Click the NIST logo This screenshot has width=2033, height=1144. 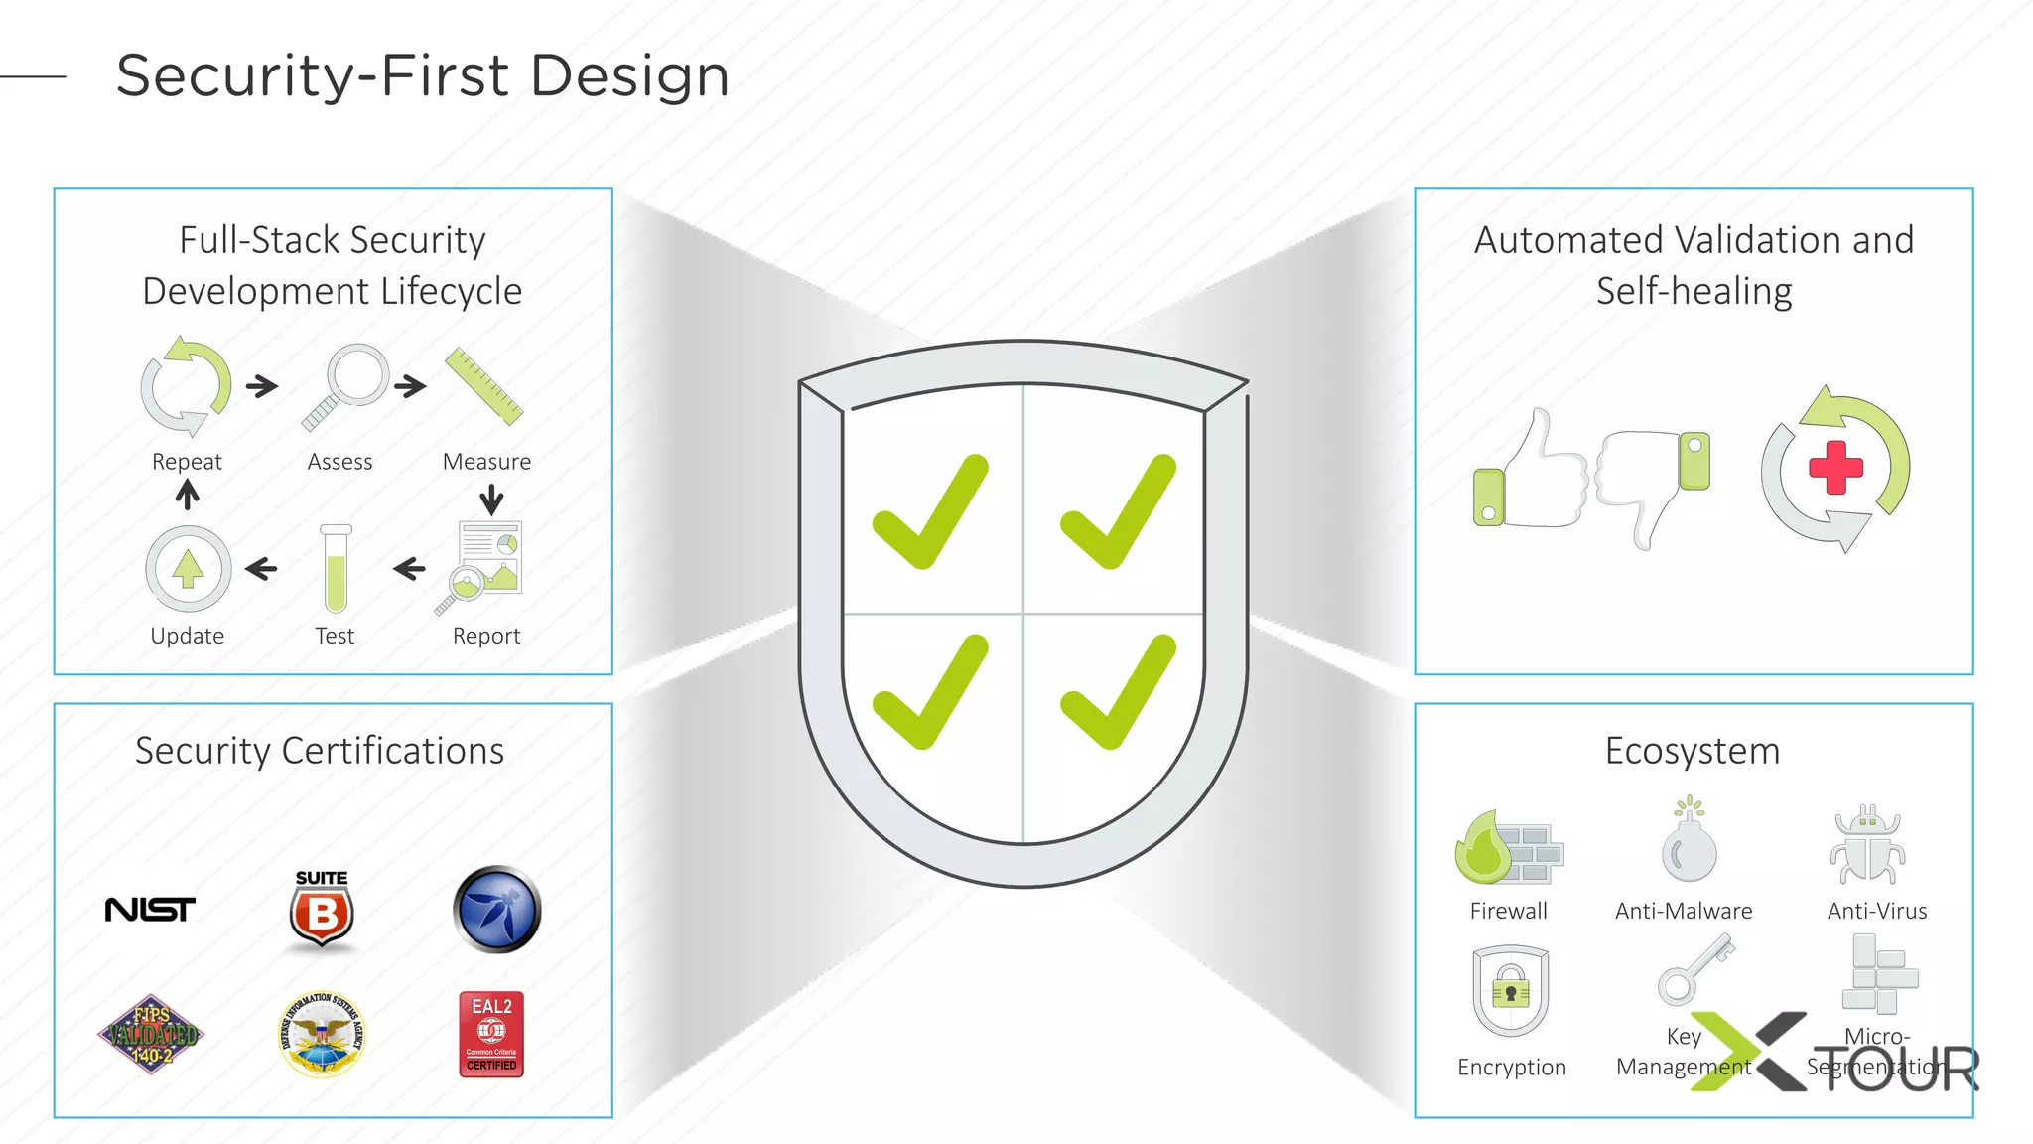click(150, 909)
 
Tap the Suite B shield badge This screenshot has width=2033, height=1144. click(322, 910)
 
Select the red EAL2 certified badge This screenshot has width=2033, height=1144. click(491, 1034)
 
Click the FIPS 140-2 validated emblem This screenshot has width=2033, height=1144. click(151, 1034)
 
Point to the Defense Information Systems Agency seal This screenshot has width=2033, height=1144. click(322, 1035)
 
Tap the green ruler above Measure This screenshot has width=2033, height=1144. click(483, 386)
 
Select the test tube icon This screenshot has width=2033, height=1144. click(336, 569)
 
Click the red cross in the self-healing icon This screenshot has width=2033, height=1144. click(1835, 467)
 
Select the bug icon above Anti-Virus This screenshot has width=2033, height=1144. click(1867, 846)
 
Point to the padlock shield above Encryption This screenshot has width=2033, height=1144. click(1510, 991)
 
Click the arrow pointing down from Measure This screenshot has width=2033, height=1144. click(491, 499)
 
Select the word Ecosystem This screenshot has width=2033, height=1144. click(1693, 751)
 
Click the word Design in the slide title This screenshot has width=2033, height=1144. click(630, 75)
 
